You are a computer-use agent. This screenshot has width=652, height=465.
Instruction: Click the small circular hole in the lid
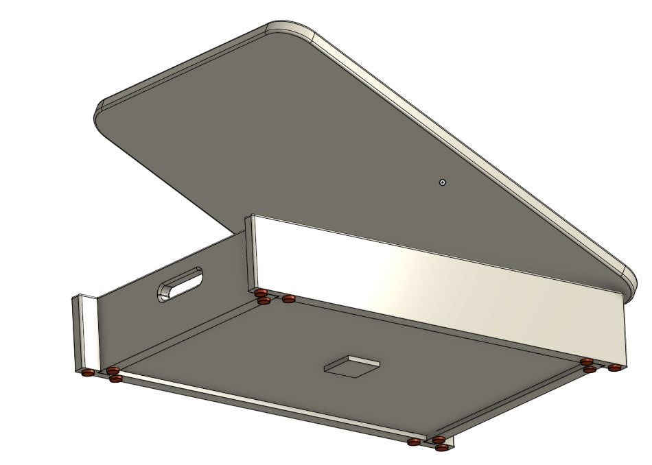point(443,182)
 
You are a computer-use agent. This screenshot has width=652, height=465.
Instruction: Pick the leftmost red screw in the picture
point(87,374)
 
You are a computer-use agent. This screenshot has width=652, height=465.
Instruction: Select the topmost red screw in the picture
point(260,294)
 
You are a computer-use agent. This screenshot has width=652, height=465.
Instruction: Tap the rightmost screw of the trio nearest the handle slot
point(288,299)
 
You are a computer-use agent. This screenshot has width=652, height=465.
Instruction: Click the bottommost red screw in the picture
point(443,447)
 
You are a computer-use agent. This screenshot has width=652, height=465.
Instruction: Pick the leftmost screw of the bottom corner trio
point(414,442)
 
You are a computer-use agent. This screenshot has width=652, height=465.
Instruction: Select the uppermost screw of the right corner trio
point(585,361)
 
